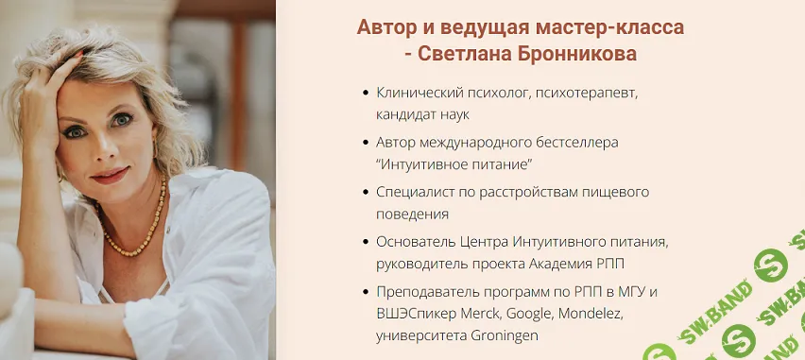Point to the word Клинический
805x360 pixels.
point(420,94)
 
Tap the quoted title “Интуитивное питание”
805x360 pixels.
point(454,164)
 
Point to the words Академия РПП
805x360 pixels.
point(596,263)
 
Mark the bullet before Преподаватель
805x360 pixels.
point(366,290)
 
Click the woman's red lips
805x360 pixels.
point(109,175)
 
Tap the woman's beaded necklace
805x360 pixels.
point(132,236)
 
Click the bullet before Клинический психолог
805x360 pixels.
point(366,94)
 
